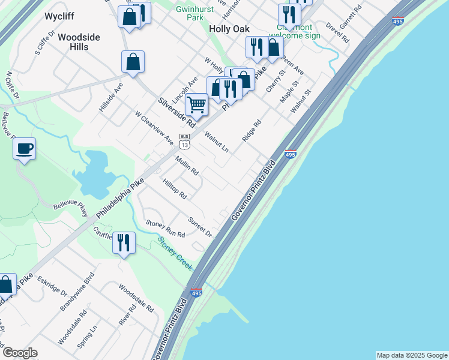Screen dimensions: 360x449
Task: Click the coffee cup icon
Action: (24, 148)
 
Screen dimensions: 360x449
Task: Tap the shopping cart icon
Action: (196, 104)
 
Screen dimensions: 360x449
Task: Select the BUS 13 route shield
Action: (185, 142)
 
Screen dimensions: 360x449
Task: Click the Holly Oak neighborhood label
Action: (229, 29)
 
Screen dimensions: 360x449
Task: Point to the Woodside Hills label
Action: (79, 42)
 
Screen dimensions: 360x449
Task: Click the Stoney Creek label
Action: (175, 254)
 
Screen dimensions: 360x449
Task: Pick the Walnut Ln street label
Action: (217, 142)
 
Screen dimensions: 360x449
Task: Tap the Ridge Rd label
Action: (252, 131)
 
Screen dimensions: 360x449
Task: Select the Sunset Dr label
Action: (200, 226)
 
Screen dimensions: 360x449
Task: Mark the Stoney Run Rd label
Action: (166, 228)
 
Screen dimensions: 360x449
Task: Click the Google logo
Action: (20, 353)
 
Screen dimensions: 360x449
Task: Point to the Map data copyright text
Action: (411, 355)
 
